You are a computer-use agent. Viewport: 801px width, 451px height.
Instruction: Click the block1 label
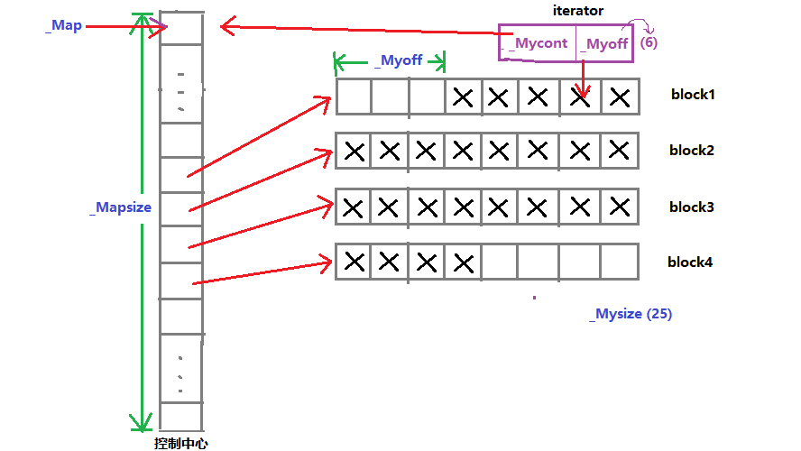(693, 94)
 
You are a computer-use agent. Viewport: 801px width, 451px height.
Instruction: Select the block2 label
(693, 150)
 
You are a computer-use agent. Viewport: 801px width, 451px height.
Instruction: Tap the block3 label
(692, 207)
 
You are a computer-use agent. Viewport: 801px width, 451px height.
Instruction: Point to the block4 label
(690, 262)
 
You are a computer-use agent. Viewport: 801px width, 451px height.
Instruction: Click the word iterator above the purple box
(578, 11)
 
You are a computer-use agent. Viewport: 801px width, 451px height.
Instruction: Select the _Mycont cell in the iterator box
(539, 43)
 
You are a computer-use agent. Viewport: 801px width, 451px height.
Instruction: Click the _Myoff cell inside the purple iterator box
(603, 43)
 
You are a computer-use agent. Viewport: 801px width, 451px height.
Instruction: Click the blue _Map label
(63, 25)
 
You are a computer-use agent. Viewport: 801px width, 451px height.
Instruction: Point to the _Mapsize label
(121, 207)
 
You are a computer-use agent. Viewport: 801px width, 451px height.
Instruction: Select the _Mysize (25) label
(631, 314)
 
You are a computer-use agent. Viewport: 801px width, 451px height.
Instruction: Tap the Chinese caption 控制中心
(182, 443)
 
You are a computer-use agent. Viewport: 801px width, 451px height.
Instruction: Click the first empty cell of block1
(354, 97)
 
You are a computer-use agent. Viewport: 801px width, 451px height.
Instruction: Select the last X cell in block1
(620, 97)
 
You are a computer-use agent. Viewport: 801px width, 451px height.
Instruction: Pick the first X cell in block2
(354, 152)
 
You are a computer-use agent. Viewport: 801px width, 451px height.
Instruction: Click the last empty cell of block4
(620, 262)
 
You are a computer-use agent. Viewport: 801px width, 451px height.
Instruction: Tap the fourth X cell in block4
(464, 262)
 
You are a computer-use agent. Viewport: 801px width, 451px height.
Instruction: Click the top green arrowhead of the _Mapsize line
(141, 23)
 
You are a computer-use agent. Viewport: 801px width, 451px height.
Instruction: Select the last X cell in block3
(620, 207)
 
